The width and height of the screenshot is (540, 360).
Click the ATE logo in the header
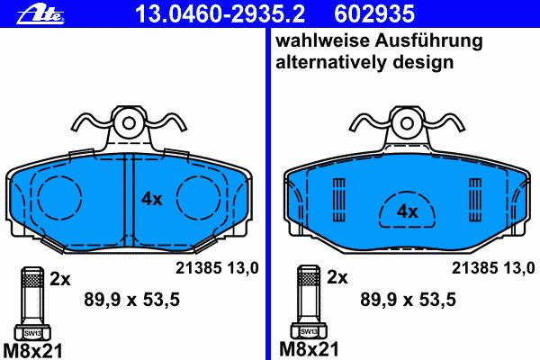(x=40, y=15)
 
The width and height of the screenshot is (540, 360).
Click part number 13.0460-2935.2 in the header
(x=220, y=13)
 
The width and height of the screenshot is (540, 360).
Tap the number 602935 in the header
(x=374, y=13)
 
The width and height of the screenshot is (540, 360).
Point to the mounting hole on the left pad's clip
(x=129, y=123)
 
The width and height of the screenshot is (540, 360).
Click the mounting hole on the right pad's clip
(x=407, y=123)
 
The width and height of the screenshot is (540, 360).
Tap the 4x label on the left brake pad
(x=151, y=199)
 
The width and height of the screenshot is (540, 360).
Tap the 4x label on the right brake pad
(x=408, y=211)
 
